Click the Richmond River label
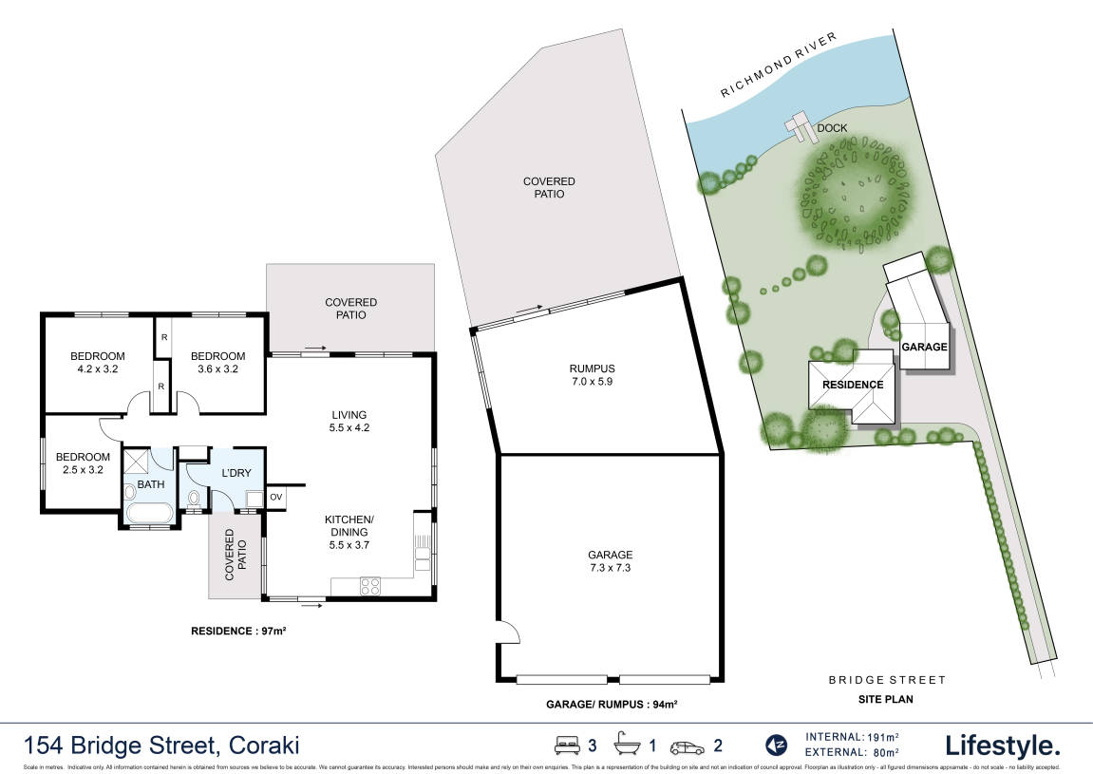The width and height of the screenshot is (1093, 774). tap(778, 65)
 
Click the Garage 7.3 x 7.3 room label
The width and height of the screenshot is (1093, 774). tap(609, 560)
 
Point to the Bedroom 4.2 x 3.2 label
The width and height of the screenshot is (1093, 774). tap(98, 363)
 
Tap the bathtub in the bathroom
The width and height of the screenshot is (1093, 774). tap(148, 515)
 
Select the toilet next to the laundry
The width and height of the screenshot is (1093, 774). tap(195, 498)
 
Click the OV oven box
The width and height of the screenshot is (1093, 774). tap(276, 497)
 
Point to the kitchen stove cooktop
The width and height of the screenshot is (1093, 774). tap(369, 587)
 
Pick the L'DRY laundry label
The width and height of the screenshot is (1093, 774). tap(235, 473)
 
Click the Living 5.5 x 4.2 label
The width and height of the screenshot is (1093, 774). tap(349, 421)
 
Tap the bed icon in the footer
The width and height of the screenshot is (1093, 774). tap(566, 745)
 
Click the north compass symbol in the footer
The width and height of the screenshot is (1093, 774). tap(776, 745)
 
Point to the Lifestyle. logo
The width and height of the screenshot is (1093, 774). tap(1002, 744)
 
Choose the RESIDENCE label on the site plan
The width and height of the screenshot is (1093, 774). tap(852, 385)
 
